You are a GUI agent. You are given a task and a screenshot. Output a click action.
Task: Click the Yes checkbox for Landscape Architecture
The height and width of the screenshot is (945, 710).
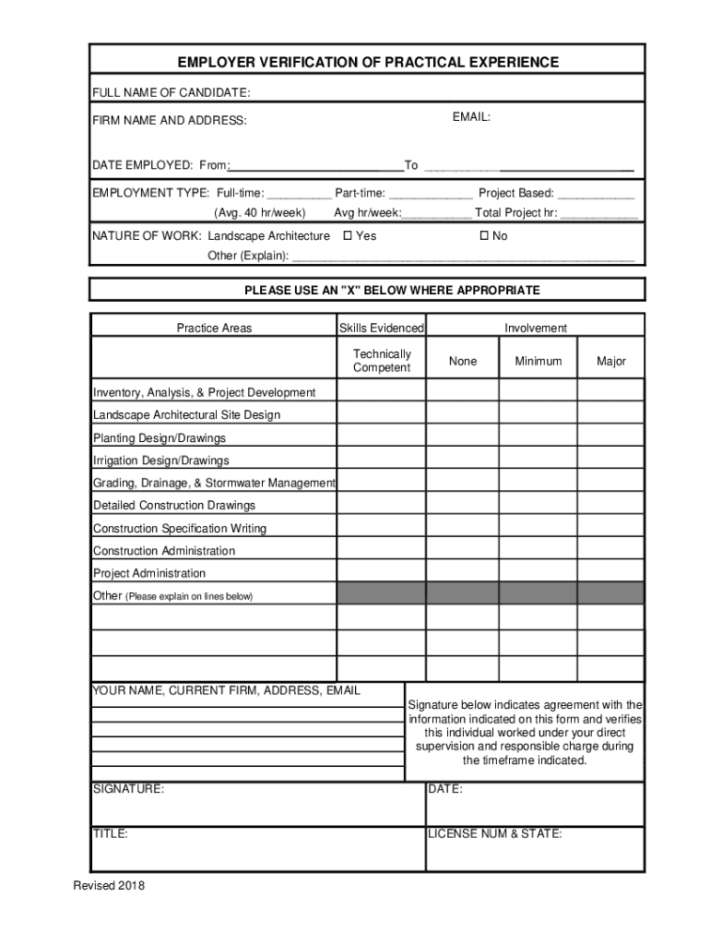point(348,236)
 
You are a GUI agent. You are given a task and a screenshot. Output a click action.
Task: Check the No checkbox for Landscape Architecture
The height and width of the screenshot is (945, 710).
point(484,236)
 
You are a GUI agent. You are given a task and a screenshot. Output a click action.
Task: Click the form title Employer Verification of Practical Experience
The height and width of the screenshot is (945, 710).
point(368,63)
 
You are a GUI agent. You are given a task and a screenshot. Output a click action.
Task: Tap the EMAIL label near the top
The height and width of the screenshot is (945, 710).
point(471,117)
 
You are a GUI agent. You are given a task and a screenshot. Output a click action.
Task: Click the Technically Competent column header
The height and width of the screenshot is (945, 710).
point(382,361)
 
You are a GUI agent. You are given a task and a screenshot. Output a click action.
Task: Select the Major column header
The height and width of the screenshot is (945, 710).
point(610,361)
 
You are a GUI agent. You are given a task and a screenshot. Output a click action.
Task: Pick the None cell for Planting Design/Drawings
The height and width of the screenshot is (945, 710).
point(462,437)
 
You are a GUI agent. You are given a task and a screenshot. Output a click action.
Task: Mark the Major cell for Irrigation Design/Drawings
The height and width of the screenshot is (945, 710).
point(610,460)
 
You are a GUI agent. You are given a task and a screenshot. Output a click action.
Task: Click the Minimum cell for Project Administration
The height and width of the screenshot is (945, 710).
point(537,572)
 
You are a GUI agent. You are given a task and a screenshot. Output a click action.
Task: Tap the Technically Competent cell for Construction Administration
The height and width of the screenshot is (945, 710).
point(382,550)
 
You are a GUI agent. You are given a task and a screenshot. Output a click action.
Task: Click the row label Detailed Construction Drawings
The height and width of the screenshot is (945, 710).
point(174,506)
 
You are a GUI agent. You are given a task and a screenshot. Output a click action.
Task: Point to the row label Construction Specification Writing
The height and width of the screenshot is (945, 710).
point(180,529)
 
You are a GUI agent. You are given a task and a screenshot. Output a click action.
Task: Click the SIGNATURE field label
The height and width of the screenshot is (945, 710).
point(128,789)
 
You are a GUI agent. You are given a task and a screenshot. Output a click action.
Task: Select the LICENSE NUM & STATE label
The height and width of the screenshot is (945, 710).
point(495,833)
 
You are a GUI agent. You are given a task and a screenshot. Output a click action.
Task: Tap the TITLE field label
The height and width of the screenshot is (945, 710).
point(111,833)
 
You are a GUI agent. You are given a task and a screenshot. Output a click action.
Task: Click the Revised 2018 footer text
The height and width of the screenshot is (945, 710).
point(109,886)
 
